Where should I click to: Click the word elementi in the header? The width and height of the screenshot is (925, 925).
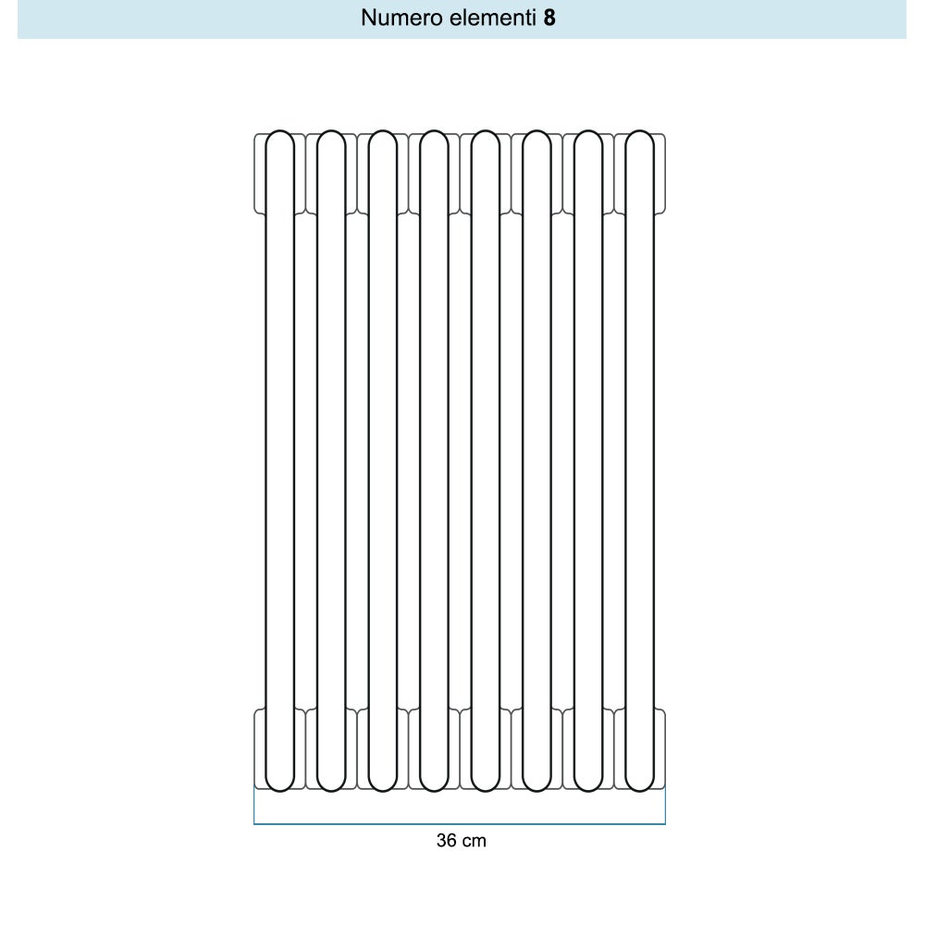pos(493,18)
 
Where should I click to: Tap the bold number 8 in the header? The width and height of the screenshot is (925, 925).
pos(549,18)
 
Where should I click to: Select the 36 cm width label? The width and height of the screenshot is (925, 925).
pos(462,840)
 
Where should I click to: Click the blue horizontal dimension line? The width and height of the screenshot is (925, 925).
pos(460,823)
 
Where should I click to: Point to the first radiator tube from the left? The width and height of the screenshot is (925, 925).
pos(279,461)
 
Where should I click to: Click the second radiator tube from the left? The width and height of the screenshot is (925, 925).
pos(331,461)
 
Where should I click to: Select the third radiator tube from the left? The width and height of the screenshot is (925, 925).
pos(382,461)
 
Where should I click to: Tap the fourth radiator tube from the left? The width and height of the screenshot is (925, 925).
pos(434,461)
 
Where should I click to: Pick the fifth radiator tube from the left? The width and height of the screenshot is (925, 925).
pos(486,461)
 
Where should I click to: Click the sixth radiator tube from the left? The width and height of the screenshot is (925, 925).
pos(536,461)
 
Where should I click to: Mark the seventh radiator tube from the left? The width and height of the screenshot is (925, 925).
pos(588,461)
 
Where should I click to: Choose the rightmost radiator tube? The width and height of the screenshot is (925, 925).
pos(639,461)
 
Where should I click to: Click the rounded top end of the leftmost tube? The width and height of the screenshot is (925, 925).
pos(279,131)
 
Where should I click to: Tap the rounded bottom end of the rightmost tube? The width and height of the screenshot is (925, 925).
pos(639,790)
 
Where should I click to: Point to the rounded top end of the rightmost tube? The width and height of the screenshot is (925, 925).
pos(639,131)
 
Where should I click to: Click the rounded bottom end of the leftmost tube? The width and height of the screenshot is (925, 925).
pos(279,790)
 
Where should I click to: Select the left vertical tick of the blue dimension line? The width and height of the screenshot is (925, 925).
pos(254,805)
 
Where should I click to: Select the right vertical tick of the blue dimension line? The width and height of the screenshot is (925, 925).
pos(665,805)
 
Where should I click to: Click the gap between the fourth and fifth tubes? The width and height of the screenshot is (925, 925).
pos(460,461)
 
